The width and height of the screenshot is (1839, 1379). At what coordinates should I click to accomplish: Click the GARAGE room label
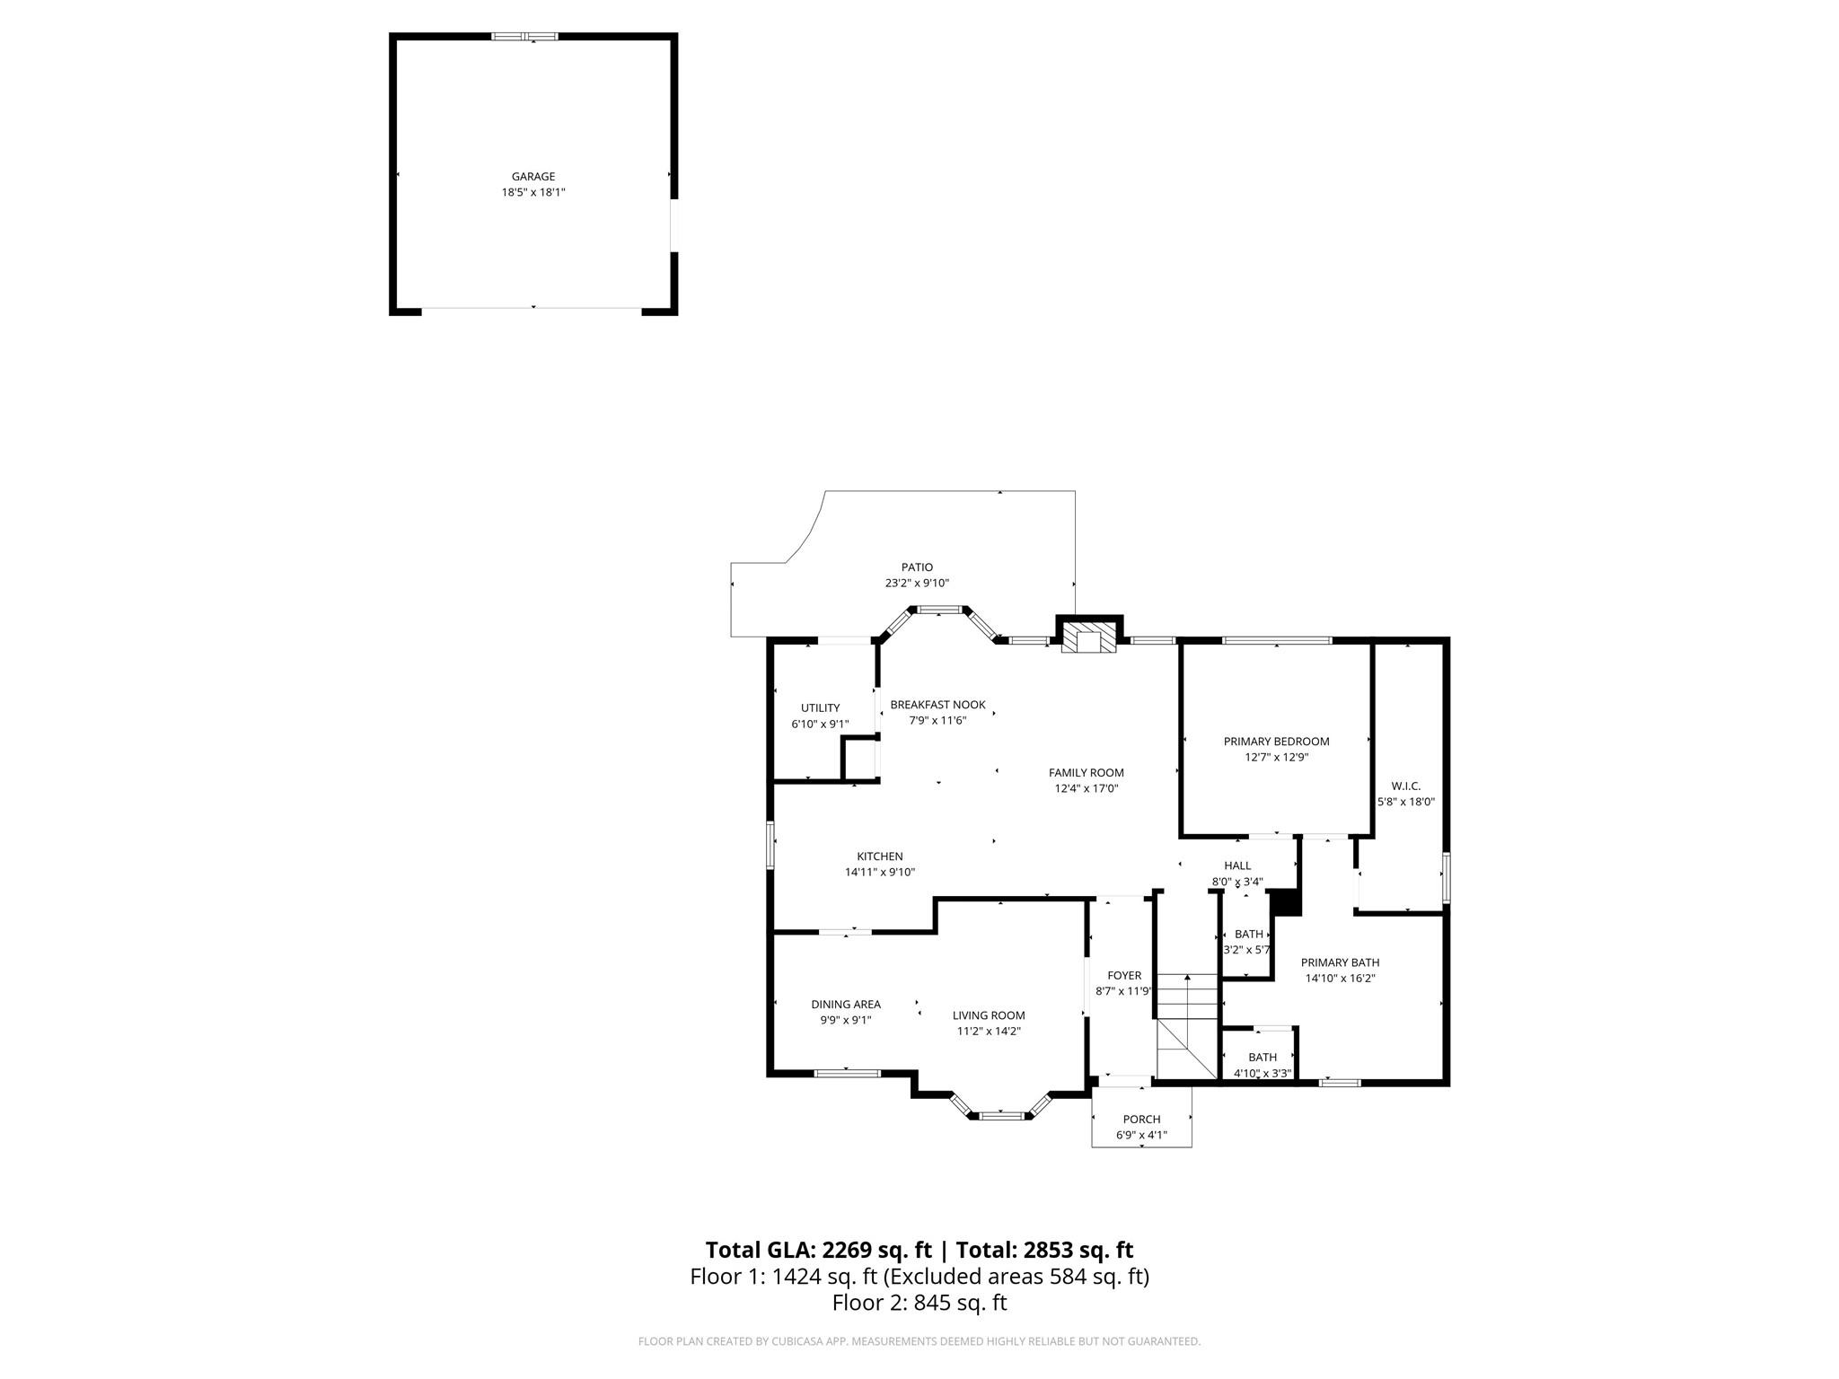click(533, 177)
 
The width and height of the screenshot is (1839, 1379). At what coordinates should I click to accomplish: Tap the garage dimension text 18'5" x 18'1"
click(533, 192)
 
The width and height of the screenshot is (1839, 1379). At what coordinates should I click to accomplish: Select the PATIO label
click(917, 567)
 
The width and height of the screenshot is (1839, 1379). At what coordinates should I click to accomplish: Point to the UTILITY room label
click(820, 708)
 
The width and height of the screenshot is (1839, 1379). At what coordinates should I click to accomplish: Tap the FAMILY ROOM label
click(1086, 773)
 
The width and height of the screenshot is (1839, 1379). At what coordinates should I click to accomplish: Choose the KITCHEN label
click(879, 856)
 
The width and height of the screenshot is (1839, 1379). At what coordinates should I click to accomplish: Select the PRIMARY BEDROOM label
click(1276, 742)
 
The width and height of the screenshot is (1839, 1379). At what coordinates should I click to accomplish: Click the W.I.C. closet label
click(1405, 786)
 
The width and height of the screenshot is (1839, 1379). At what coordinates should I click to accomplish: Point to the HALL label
click(1236, 865)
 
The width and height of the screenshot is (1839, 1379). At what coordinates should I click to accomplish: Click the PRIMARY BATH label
click(1340, 962)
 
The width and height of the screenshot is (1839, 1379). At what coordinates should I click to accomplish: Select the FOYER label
click(1123, 976)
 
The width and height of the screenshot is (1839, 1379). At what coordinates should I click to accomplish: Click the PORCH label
click(1141, 1120)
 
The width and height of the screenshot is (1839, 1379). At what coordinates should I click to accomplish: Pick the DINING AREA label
click(845, 1005)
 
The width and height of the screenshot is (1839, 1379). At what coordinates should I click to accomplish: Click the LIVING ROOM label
click(989, 1015)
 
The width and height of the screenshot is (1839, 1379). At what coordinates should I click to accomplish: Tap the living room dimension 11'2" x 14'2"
click(989, 1032)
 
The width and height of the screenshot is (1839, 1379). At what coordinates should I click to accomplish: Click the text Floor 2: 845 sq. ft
click(919, 1303)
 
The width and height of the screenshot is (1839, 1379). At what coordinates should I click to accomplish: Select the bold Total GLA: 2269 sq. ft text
click(818, 1250)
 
